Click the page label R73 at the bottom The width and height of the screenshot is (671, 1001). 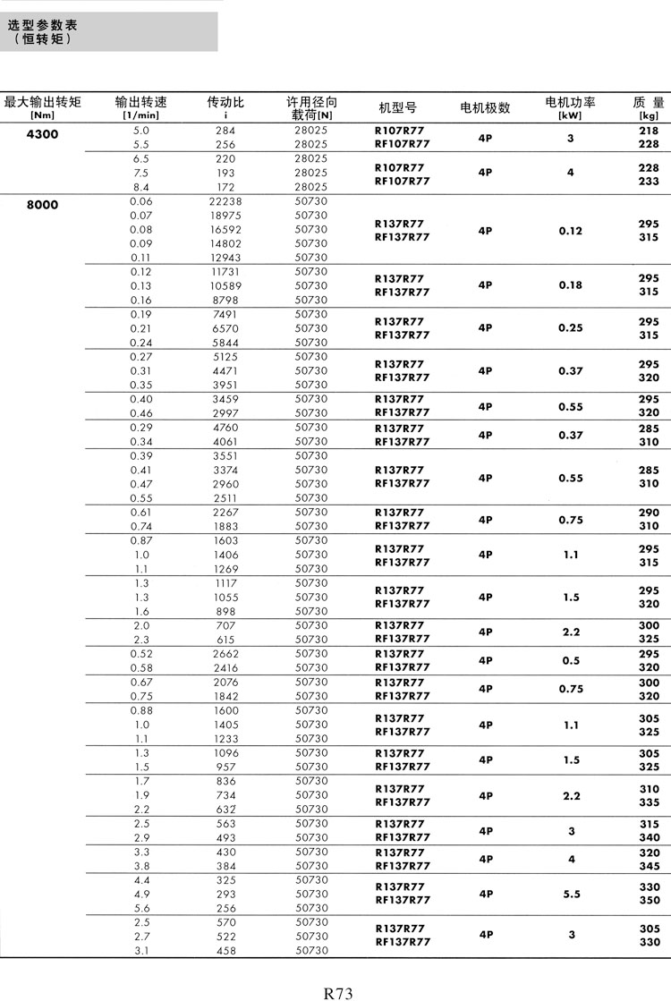pos(338,993)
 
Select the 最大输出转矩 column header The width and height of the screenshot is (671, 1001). pos(42,103)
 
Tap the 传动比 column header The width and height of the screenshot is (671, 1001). pos(225,103)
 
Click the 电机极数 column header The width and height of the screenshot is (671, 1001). pos(485,107)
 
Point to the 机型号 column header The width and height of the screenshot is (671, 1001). pos(398,107)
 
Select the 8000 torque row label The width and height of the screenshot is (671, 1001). pos(42,205)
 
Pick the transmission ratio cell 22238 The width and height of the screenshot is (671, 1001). pos(225,201)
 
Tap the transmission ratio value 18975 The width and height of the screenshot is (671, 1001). pos(225,216)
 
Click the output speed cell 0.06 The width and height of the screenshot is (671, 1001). pos(141,201)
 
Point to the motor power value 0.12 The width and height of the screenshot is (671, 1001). pos(570,231)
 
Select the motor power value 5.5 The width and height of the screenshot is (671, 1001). pos(570,894)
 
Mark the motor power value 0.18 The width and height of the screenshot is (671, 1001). pos(570,285)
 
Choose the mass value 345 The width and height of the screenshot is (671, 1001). pos(649,866)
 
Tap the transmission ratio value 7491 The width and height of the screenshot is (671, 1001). pos(225,314)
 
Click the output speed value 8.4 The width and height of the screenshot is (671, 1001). pos(141,187)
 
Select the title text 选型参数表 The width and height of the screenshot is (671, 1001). pos(42,25)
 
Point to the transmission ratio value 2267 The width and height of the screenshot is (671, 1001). pos(225,513)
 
